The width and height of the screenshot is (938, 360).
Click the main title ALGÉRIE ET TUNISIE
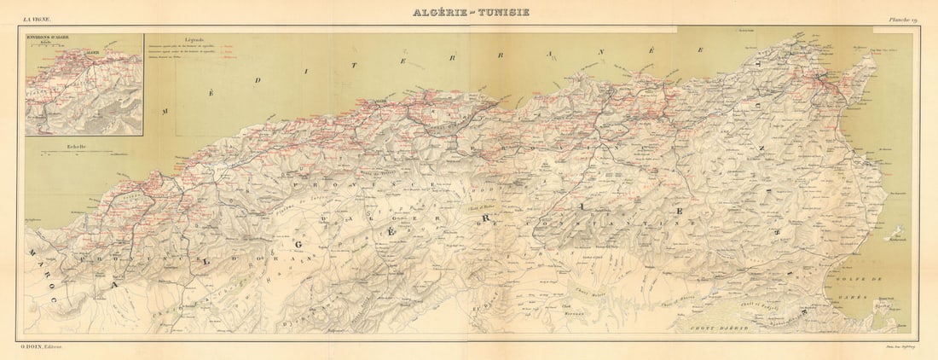point(471,12)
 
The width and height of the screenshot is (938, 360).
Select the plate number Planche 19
point(901,20)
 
